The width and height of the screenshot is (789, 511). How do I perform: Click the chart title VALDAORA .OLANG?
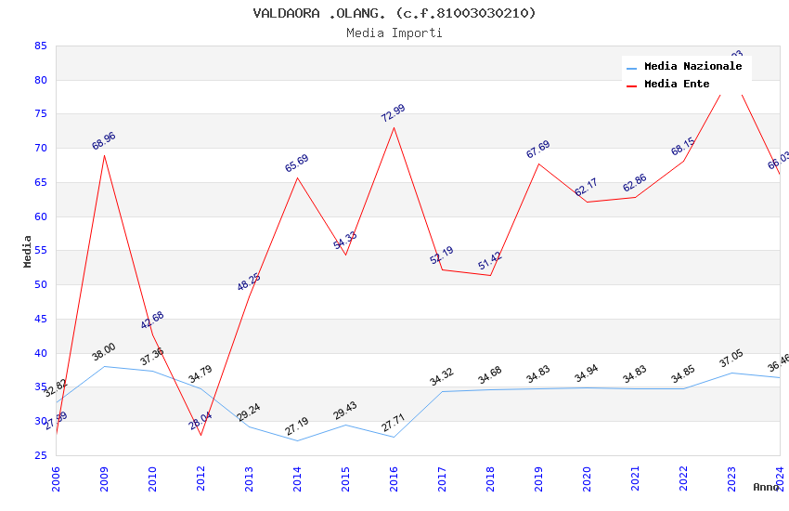click(x=394, y=13)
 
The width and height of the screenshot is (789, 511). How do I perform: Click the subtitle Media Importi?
click(x=394, y=33)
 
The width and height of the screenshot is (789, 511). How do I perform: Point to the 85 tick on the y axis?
click(x=40, y=46)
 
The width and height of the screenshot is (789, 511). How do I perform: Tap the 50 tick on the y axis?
click(x=40, y=285)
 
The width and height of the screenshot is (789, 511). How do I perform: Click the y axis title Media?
click(x=28, y=251)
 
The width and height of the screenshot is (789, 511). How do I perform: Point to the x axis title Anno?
click(x=766, y=487)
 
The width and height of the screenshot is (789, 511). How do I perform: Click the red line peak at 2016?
click(x=394, y=127)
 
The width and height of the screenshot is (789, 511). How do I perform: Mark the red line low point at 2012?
click(x=200, y=435)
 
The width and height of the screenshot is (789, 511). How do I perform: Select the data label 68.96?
click(x=104, y=141)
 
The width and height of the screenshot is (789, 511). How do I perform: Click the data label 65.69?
click(x=297, y=164)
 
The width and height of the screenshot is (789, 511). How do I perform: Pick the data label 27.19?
click(x=297, y=426)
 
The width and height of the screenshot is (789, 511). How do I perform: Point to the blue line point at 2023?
click(x=731, y=373)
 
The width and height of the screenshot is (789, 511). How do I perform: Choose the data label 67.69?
click(x=538, y=150)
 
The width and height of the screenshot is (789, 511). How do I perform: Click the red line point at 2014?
click(x=297, y=177)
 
